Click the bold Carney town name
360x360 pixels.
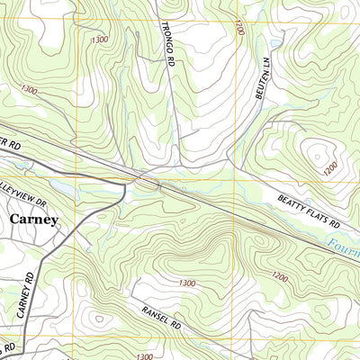(x=34, y=219)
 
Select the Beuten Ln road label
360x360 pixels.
(x=263, y=80)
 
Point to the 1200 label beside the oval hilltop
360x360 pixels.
(x=329, y=167)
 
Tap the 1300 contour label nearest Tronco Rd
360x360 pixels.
(x=99, y=40)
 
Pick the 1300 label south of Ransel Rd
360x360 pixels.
(x=144, y=356)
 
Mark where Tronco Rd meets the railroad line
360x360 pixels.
(x=159, y=185)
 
